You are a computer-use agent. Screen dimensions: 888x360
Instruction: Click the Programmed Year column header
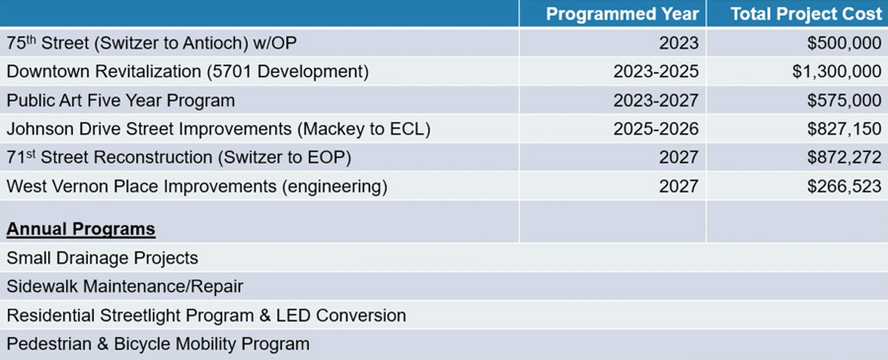[623, 14]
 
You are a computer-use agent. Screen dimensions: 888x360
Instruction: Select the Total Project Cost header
[806, 14]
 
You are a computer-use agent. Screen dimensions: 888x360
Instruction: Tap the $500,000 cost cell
[845, 43]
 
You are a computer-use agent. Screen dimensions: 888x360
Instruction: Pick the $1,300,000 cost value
[837, 72]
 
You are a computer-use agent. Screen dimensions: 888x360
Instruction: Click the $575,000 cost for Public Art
[845, 101]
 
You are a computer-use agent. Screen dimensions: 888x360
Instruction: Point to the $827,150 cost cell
[845, 129]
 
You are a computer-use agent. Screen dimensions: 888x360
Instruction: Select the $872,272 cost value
[845, 158]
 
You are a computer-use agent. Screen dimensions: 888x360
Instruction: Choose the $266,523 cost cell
[845, 186]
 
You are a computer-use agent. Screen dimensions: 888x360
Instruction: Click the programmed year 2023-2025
[656, 72]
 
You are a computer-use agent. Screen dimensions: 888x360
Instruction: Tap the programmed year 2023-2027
[656, 101]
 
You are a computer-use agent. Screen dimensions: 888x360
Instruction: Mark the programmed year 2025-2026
[656, 129]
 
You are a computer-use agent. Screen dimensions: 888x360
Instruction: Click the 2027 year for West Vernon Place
[679, 186]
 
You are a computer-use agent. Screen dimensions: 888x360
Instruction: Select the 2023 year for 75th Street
[679, 43]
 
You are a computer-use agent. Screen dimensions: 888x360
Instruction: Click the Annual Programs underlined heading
[81, 230]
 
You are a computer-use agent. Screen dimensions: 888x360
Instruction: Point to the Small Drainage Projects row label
[103, 258]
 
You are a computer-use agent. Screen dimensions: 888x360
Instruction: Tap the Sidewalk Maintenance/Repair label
[124, 287]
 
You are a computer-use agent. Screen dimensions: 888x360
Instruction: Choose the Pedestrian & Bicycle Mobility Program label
[158, 344]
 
